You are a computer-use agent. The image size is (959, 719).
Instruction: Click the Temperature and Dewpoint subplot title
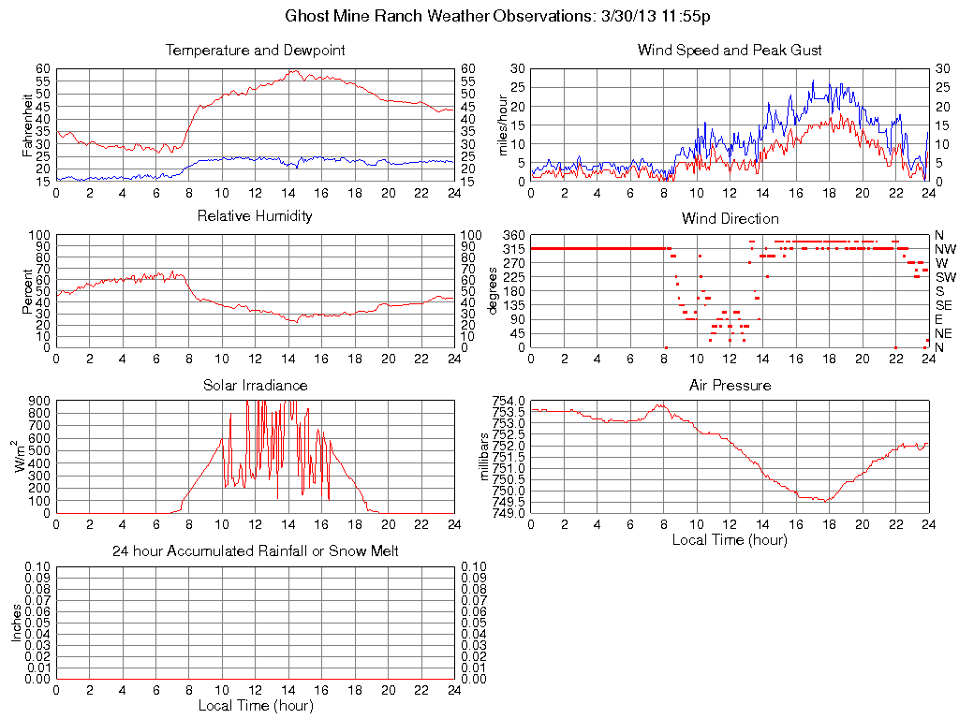(x=255, y=50)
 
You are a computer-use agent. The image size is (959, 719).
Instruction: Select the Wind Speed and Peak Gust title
(x=730, y=50)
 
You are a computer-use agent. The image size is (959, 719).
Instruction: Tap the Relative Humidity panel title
(x=255, y=216)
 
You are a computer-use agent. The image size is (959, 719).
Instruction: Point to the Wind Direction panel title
(x=730, y=218)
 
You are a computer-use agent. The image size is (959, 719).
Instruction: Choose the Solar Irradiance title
(x=255, y=385)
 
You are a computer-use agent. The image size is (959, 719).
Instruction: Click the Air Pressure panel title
(x=730, y=385)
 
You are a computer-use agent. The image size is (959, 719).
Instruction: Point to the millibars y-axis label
(x=485, y=456)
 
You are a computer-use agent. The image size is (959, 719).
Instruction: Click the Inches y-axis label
(x=17, y=623)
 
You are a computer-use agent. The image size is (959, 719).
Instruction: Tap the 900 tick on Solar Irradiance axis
(x=39, y=401)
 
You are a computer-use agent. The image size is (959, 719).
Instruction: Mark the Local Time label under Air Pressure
(x=730, y=539)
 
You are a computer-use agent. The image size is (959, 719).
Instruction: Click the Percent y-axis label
(x=28, y=290)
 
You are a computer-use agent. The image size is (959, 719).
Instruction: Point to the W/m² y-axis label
(x=19, y=456)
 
